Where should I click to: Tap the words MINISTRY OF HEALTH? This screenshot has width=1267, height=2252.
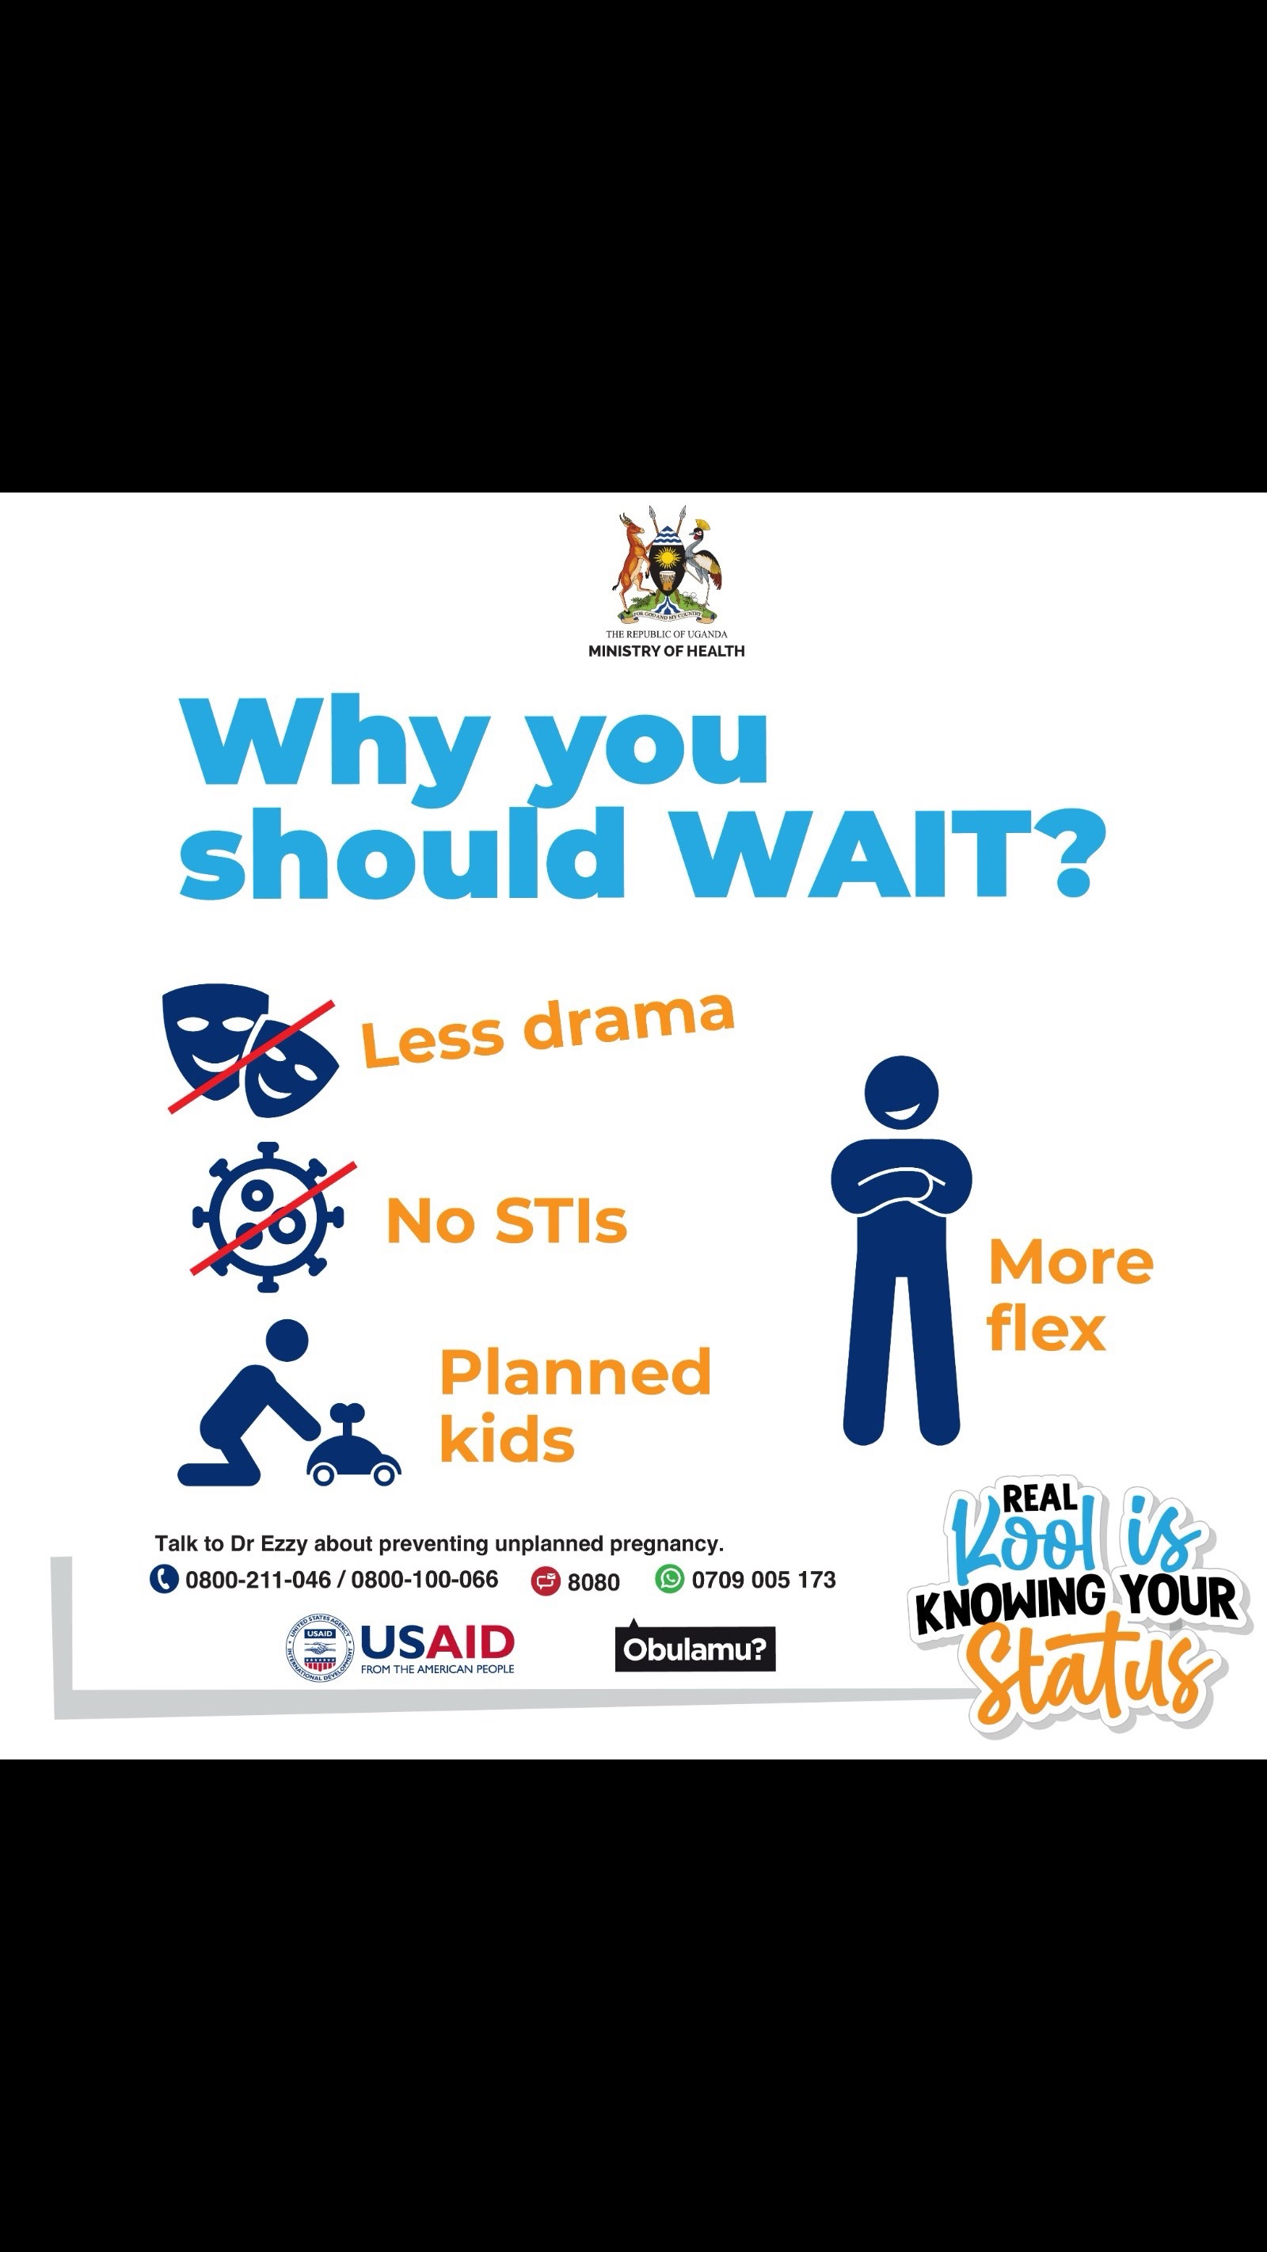pyautogui.click(x=666, y=652)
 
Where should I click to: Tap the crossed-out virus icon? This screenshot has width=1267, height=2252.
pyautogui.click(x=269, y=1217)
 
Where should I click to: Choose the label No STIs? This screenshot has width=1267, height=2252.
pyautogui.click(x=506, y=1220)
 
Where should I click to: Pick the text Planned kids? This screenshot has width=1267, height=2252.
pyautogui.click(x=574, y=1405)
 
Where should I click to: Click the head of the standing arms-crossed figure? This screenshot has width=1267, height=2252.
pyautogui.click(x=900, y=1093)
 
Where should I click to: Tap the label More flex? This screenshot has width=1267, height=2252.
pyautogui.click(x=1071, y=1295)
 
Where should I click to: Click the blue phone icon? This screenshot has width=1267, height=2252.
pyautogui.click(x=163, y=1579)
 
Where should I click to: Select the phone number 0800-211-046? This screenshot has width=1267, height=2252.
pyautogui.click(x=258, y=1580)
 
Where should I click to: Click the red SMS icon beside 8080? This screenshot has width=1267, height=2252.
pyautogui.click(x=546, y=1581)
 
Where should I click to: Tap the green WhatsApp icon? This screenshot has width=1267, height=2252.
pyautogui.click(x=669, y=1579)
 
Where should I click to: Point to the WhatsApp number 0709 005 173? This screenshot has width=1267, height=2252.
pyautogui.click(x=763, y=1580)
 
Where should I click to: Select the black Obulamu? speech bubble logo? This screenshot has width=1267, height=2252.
pyautogui.click(x=695, y=1646)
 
